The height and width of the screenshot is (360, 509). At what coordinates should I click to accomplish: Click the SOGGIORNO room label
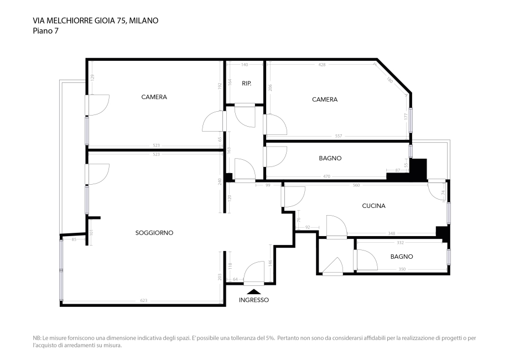pos(154,233)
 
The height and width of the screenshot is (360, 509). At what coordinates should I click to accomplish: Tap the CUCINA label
pos(373,206)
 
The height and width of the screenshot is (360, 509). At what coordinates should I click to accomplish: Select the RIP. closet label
pos(247,84)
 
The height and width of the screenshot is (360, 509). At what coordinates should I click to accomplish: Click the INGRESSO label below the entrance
pos(254,300)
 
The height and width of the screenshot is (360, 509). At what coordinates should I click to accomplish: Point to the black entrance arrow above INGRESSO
pos(254,291)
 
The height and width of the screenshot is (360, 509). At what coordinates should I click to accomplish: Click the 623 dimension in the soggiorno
pos(144,300)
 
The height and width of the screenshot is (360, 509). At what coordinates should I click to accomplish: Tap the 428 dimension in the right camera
pos(323,65)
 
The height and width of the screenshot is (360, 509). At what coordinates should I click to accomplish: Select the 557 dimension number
pos(339,136)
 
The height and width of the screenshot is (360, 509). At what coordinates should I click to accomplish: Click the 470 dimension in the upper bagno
pos(326,176)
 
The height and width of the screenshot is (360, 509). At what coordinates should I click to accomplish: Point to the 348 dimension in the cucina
pos(391,233)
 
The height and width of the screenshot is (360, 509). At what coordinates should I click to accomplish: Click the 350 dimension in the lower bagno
pos(402,269)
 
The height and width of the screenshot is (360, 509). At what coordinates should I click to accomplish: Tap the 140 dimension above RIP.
pos(245,65)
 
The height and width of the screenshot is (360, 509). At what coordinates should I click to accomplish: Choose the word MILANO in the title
pos(144,20)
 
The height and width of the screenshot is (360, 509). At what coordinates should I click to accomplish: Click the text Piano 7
pos(45,31)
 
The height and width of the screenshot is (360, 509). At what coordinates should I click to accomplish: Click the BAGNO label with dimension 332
pos(402,257)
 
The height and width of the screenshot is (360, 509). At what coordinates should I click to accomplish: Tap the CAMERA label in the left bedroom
pos(154,97)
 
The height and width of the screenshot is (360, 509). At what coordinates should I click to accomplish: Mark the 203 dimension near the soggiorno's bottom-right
pos(220,276)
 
